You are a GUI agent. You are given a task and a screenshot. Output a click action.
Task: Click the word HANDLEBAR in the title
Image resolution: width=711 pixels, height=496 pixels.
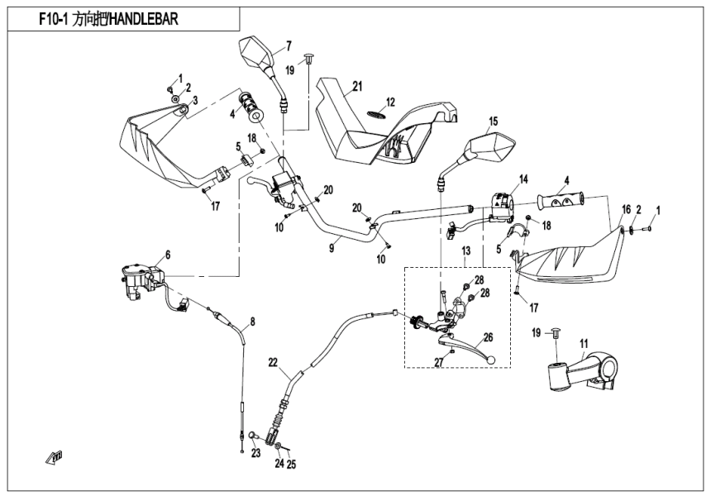coord(141,18)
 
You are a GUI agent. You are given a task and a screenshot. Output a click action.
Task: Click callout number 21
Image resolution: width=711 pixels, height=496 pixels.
coord(357,86)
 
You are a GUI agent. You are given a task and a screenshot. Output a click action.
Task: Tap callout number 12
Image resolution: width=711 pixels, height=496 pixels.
coord(390,102)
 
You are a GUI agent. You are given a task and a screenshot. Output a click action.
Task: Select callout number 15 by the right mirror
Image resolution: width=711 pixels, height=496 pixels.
coord(493,122)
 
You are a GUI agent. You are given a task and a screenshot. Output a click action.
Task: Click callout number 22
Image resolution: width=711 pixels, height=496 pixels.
coord(273,362)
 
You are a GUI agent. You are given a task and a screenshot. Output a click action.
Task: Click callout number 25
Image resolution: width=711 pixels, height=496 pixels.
coord(290,465)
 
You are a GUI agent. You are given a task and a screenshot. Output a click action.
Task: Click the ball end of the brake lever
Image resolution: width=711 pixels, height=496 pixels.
coord(494,360)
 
